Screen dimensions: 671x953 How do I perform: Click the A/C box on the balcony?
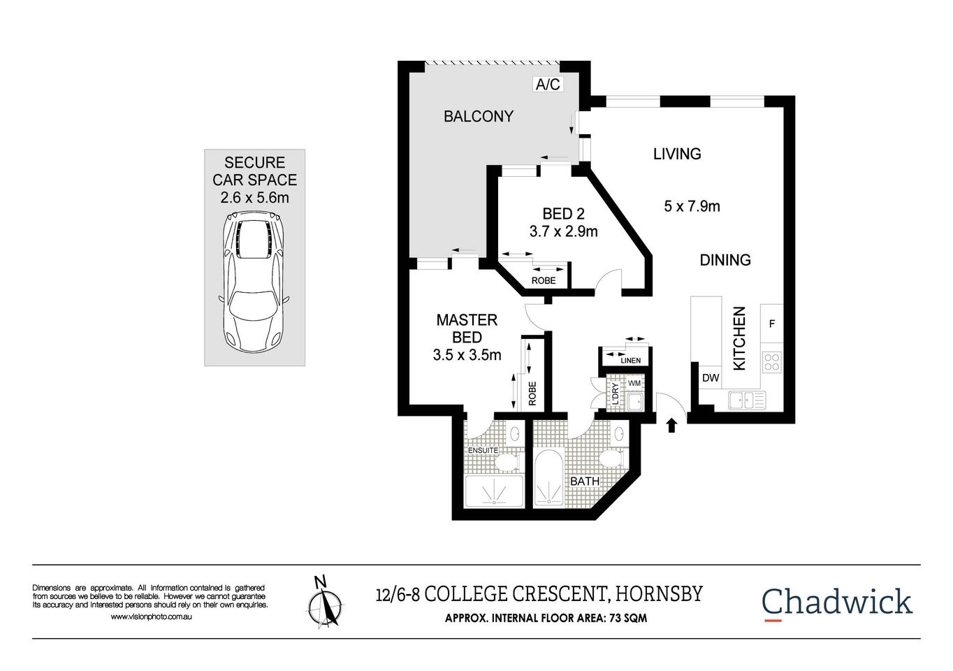click(547, 85)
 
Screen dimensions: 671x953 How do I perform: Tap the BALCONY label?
click(479, 117)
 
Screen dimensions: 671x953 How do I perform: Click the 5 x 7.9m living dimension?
click(691, 206)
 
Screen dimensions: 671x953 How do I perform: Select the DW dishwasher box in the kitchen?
click(711, 378)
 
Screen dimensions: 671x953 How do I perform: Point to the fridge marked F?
click(771, 324)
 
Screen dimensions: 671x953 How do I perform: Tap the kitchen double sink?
click(746, 401)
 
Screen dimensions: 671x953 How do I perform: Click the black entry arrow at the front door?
click(672, 424)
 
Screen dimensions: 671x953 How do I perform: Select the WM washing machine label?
click(634, 384)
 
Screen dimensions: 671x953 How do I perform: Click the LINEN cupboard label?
click(630, 361)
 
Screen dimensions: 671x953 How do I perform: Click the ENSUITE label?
click(483, 450)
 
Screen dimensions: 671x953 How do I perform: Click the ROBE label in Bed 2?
click(544, 280)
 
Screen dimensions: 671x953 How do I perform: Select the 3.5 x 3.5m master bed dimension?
click(467, 355)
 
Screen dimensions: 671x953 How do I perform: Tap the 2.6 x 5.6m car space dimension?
click(254, 198)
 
